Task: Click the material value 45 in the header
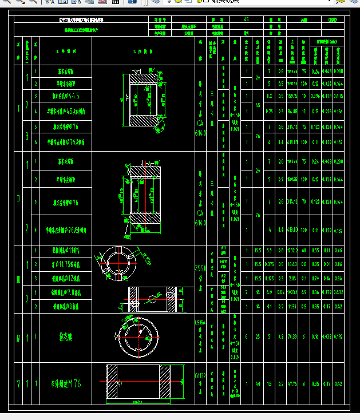(246, 19)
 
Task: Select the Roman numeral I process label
(18, 108)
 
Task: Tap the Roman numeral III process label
(18, 279)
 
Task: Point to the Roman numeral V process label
(18, 384)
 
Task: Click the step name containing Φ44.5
(66, 96)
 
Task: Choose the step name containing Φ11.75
(66, 264)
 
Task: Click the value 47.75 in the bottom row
(292, 384)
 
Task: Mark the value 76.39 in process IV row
(292, 337)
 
